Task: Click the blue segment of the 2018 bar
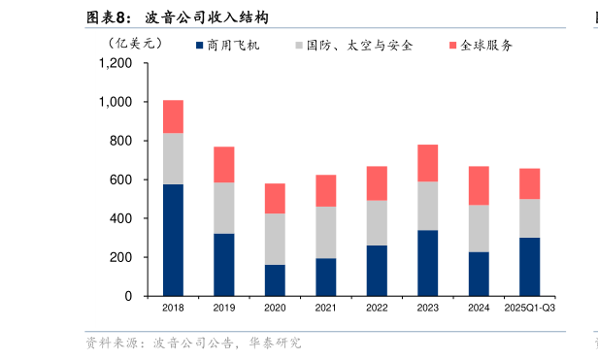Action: tap(173, 240)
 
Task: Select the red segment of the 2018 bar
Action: tap(173, 116)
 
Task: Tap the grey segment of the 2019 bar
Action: tap(224, 208)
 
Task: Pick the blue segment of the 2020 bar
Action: tap(275, 279)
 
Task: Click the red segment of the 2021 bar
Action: tap(326, 190)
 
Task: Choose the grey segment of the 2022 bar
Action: tap(377, 222)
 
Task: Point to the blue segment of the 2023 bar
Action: tap(427, 263)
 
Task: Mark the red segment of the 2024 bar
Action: tap(479, 185)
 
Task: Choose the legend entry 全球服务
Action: tap(486, 46)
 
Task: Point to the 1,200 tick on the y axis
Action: tap(116, 63)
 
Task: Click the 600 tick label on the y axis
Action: tap(122, 180)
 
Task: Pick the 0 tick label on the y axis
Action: tap(128, 296)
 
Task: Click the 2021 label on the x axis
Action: tap(326, 309)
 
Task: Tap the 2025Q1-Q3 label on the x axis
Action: tap(529, 309)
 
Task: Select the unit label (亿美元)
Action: tap(137, 43)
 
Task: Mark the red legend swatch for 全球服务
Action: tap(453, 46)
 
